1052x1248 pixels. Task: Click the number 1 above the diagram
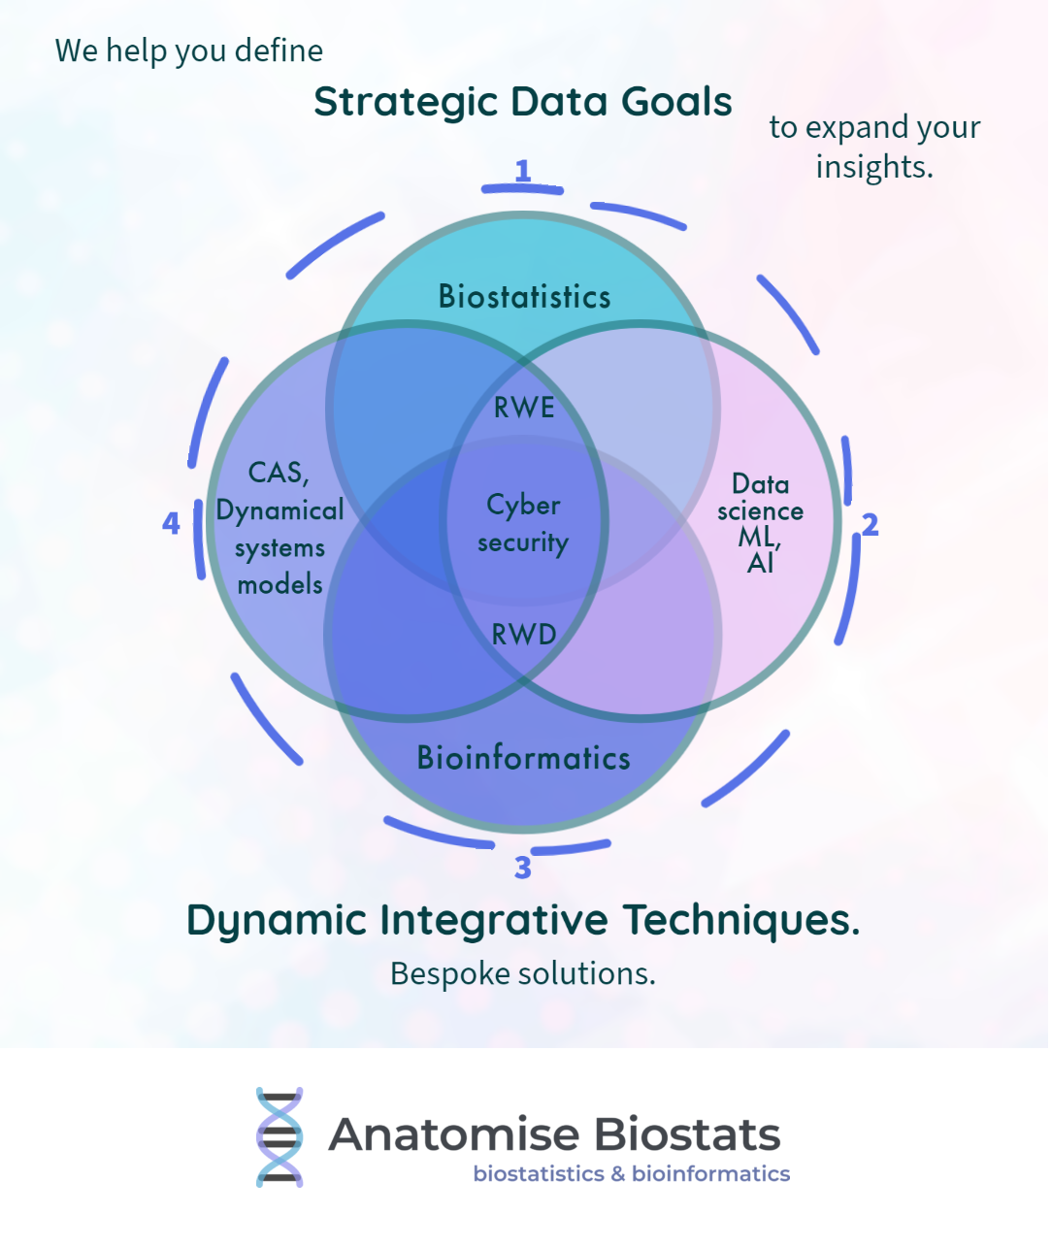523,171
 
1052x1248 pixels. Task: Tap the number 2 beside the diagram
870,525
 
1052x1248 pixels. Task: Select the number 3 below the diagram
523,868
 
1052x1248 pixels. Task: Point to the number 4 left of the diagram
171,524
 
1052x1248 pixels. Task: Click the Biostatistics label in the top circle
524,297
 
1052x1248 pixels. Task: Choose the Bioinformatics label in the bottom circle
524,758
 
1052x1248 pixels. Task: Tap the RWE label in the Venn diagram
524,408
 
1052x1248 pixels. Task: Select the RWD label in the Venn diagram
524,635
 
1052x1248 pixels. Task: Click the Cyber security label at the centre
523,523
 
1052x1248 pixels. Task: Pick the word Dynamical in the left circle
279,511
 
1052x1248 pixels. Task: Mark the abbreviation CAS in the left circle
277,474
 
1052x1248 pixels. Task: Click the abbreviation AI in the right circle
760,564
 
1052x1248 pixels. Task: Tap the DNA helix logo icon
279,1137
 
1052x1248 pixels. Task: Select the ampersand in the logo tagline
618,1174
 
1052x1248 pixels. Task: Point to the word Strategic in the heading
406,102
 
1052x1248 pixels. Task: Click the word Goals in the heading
676,102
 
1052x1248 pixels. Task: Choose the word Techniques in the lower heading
740,920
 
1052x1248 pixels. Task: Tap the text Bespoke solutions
523,973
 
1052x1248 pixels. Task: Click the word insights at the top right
873,167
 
